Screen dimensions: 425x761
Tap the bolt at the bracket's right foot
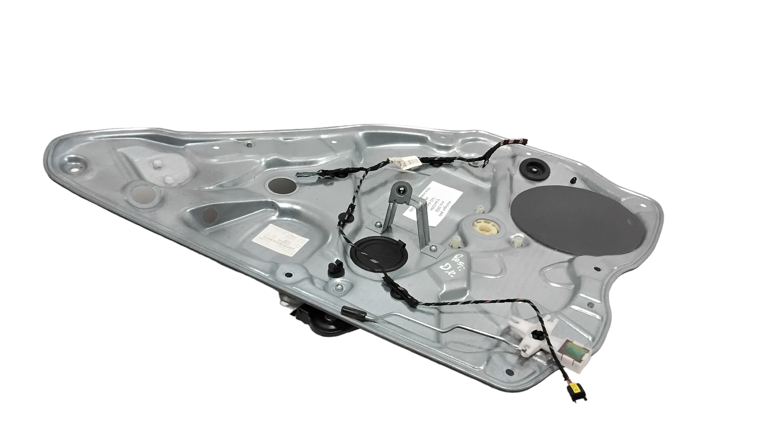coord(433,249)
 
